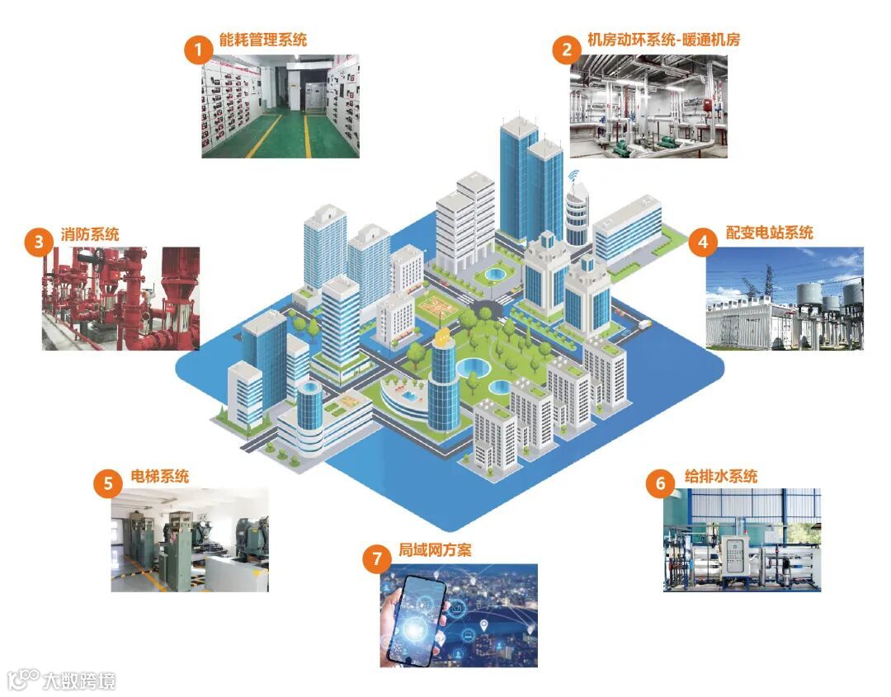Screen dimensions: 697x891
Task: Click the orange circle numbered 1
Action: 198,49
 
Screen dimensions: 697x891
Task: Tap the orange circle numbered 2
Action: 566,49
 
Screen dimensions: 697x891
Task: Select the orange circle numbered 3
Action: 39,243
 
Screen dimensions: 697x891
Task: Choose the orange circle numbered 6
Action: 660,484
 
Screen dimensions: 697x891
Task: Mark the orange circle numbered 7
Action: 376,559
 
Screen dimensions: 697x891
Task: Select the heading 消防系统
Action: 90,234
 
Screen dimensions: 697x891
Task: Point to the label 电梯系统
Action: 160,476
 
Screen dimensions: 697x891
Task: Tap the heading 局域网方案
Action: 435,550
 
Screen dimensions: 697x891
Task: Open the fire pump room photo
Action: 121,298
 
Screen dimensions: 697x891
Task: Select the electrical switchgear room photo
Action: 280,106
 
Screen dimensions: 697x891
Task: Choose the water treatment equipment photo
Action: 742,540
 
